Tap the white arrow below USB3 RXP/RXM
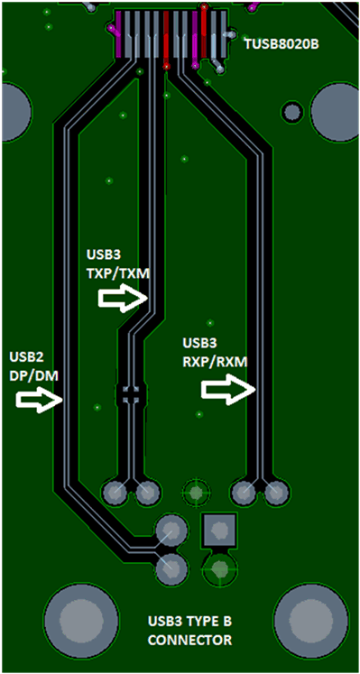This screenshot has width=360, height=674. pos(225,389)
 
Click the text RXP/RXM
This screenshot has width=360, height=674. pos(215,361)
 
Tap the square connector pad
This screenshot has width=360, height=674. pos(219,531)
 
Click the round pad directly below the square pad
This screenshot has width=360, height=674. pos(219,568)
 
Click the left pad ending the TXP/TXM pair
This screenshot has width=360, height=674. pos(115,493)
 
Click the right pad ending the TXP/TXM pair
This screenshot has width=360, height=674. pos(146,493)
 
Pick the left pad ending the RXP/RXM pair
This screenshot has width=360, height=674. pos(243,493)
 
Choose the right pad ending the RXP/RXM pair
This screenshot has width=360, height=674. pos(275,493)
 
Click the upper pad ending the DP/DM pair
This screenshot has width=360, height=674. pos(170,531)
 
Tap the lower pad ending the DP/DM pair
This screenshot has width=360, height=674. pos(170,568)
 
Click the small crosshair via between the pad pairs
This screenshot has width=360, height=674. pos(195,493)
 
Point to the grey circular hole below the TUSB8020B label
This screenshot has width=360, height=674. pos(292,113)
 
